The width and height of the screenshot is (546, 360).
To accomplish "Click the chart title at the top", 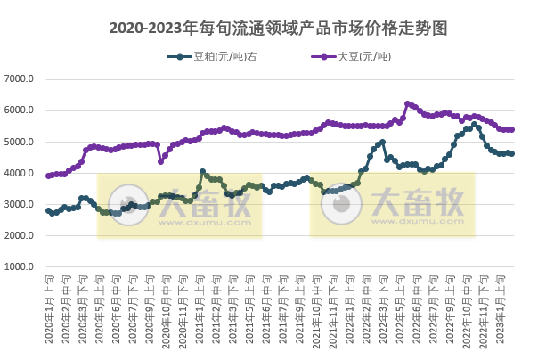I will click(x=273, y=28).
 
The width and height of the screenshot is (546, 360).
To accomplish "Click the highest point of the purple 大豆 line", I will click(x=407, y=103).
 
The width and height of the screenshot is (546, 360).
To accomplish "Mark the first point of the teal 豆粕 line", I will click(x=48, y=210).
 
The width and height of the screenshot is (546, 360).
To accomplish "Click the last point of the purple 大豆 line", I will click(x=512, y=129).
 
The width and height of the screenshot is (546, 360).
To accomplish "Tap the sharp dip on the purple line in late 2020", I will click(x=160, y=161).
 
